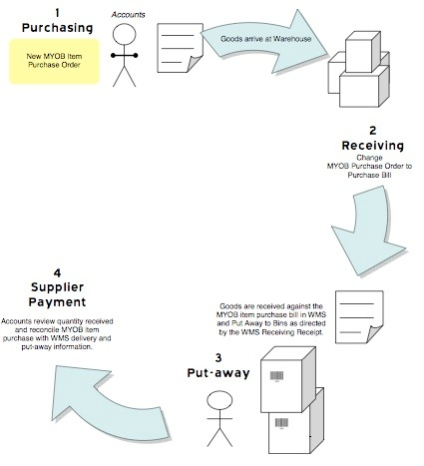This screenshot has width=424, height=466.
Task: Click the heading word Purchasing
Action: point(57,28)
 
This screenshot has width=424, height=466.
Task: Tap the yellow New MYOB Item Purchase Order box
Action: point(54,61)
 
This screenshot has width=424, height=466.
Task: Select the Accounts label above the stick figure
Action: point(128,15)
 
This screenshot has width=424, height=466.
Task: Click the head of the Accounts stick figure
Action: point(124,34)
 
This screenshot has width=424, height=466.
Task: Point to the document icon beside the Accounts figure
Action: point(180,48)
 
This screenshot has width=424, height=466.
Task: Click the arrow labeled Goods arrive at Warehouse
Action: point(265,41)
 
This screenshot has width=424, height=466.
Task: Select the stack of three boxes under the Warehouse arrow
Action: point(359,69)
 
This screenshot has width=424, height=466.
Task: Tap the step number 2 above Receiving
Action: point(373,131)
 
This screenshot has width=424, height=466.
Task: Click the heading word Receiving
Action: point(373,146)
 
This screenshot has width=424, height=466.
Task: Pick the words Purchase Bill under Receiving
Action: point(369,175)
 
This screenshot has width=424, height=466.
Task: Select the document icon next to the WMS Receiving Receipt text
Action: point(359,316)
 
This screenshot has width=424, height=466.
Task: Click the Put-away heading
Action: point(218,373)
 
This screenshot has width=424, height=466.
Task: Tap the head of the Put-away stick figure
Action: point(219,400)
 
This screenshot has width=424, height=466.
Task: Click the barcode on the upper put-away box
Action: point(276,376)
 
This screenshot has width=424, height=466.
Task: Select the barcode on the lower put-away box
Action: point(281,423)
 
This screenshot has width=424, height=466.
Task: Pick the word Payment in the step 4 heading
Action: point(57,302)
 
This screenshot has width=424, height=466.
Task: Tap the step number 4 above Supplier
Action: point(57,273)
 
